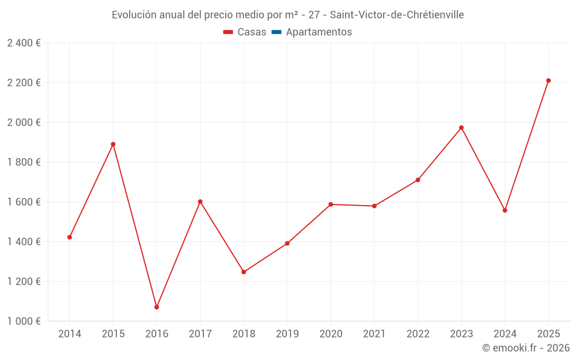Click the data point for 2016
click(x=157, y=307)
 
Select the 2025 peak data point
click(x=548, y=81)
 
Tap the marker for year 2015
click(x=113, y=144)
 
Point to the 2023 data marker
click(x=461, y=128)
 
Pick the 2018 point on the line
click(x=244, y=272)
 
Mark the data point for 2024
click(x=505, y=210)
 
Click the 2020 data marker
click(x=331, y=204)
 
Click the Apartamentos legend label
click(x=319, y=32)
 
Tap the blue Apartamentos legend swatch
click(x=276, y=32)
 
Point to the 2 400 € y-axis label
click(x=24, y=43)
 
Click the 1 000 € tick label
click(x=24, y=321)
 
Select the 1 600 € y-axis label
click(x=24, y=202)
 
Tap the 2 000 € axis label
click(x=24, y=123)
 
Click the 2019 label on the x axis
click(x=287, y=334)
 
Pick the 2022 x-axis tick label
click(x=418, y=334)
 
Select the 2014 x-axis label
click(x=70, y=334)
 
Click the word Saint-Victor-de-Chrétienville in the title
click(x=397, y=15)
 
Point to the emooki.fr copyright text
click(x=526, y=348)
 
